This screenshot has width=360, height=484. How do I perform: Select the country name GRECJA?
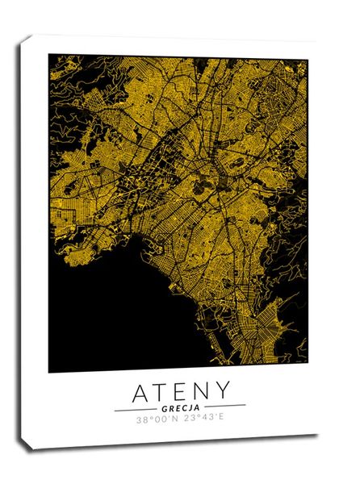click(x=180, y=408)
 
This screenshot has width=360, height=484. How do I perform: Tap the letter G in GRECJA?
click(x=164, y=408)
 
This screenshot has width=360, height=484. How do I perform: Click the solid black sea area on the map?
click(x=97, y=323)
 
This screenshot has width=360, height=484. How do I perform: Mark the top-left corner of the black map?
click(x=49, y=55)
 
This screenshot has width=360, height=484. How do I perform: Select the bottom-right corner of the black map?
click(x=307, y=371)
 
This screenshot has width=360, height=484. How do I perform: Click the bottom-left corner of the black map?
click(x=49, y=372)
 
